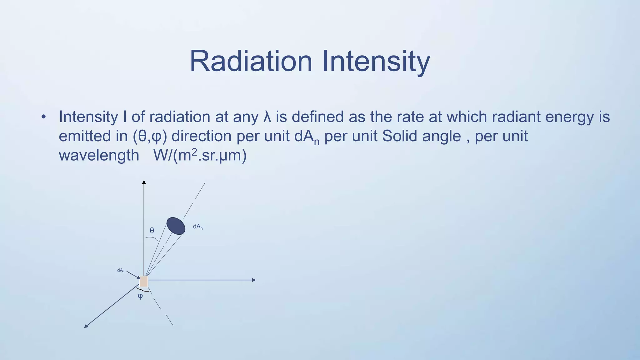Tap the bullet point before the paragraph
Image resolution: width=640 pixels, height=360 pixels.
(x=43, y=117)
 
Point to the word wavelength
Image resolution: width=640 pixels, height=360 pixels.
(x=99, y=155)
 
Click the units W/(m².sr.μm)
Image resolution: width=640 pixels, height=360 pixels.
(x=200, y=155)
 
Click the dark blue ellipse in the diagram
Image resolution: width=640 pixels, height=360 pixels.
(x=176, y=226)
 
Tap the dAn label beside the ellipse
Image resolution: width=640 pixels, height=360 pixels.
(x=197, y=227)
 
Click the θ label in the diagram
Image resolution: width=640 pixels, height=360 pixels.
(x=152, y=231)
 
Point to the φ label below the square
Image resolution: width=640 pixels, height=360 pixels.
(x=140, y=296)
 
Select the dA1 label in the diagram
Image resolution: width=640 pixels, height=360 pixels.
(x=121, y=271)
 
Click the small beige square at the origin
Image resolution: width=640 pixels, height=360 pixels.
(x=143, y=281)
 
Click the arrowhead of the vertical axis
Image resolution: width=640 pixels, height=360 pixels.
(x=144, y=182)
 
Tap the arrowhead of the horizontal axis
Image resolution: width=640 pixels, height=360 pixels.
(x=254, y=280)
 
